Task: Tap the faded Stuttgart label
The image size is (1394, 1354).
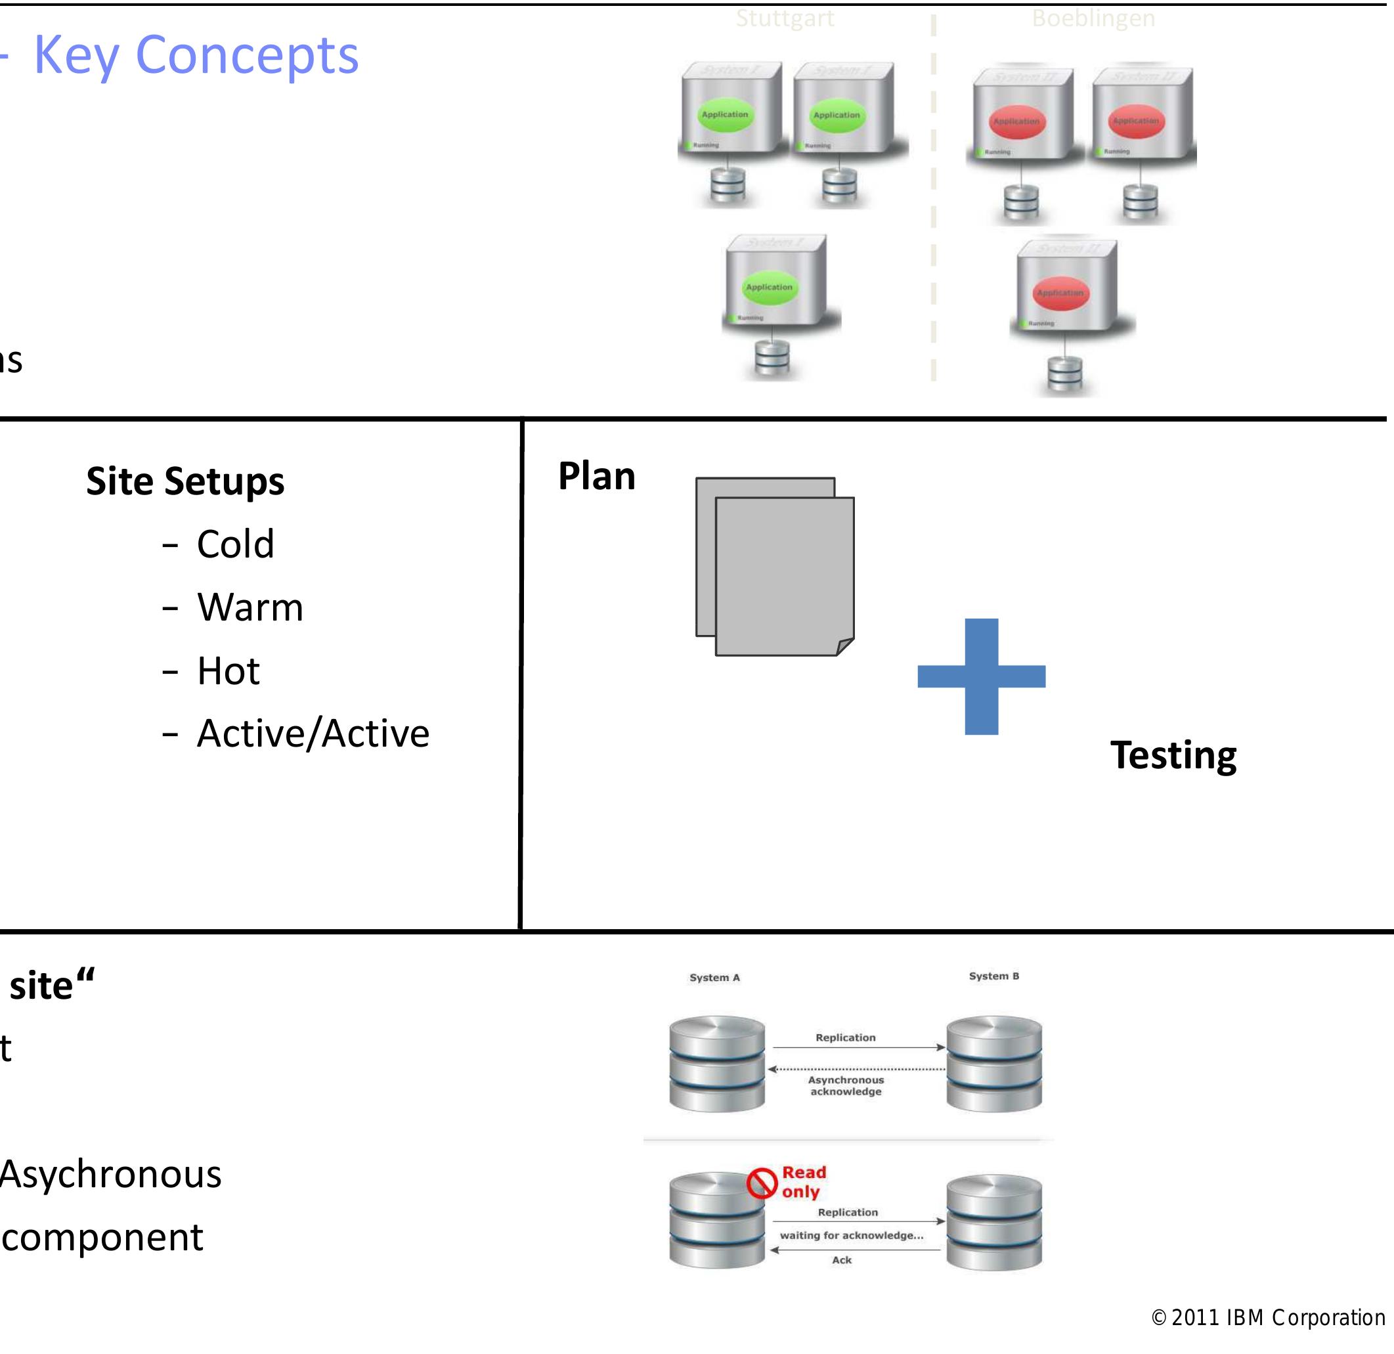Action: [785, 18]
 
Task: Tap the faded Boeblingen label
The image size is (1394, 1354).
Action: [1093, 18]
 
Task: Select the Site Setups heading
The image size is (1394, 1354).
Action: [185, 481]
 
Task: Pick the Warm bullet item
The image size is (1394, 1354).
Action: [250, 608]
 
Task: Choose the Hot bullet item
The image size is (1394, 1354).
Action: [229, 670]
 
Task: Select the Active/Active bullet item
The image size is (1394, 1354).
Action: [313, 734]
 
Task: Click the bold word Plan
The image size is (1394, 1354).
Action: [596, 477]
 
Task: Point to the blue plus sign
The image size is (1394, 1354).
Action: [982, 676]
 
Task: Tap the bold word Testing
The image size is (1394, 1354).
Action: [1173, 755]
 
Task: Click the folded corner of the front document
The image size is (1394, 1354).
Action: [845, 646]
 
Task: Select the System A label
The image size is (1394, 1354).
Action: [714, 978]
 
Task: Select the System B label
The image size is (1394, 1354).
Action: [993, 976]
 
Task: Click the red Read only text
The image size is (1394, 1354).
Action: [803, 1182]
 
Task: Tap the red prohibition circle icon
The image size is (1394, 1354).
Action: [762, 1183]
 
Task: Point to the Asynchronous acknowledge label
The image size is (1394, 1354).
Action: [846, 1086]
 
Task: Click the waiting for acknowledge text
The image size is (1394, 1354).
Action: [852, 1235]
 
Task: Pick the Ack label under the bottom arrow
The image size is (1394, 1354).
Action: [841, 1260]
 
